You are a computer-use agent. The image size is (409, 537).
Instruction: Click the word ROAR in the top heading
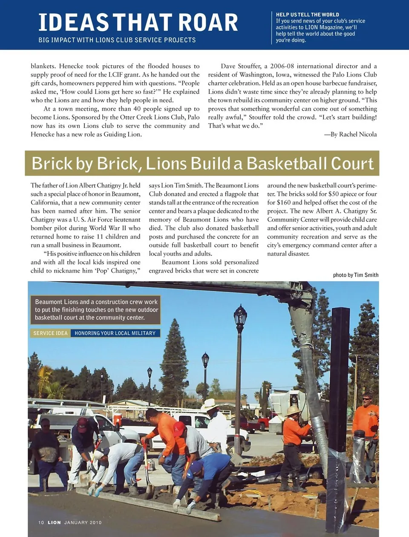coord(208,23)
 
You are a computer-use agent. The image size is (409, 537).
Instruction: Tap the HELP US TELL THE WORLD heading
coord(307,14)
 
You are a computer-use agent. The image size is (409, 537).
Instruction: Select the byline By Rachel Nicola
coord(350,134)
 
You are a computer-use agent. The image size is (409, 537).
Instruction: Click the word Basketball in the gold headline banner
coord(286,164)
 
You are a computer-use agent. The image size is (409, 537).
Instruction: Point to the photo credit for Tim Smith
coord(356,275)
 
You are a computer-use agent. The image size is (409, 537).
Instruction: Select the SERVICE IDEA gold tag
coord(51,333)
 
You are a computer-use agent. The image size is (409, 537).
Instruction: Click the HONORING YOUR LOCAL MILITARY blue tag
coord(115,333)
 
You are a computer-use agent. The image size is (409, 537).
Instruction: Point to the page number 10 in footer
coord(41,523)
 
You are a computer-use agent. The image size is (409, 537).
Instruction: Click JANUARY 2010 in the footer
coord(83,523)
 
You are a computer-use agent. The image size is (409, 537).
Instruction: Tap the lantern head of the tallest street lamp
coord(240,315)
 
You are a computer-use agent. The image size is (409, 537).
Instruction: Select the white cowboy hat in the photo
coord(210,404)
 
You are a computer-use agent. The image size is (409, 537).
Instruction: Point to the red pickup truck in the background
coord(254,423)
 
